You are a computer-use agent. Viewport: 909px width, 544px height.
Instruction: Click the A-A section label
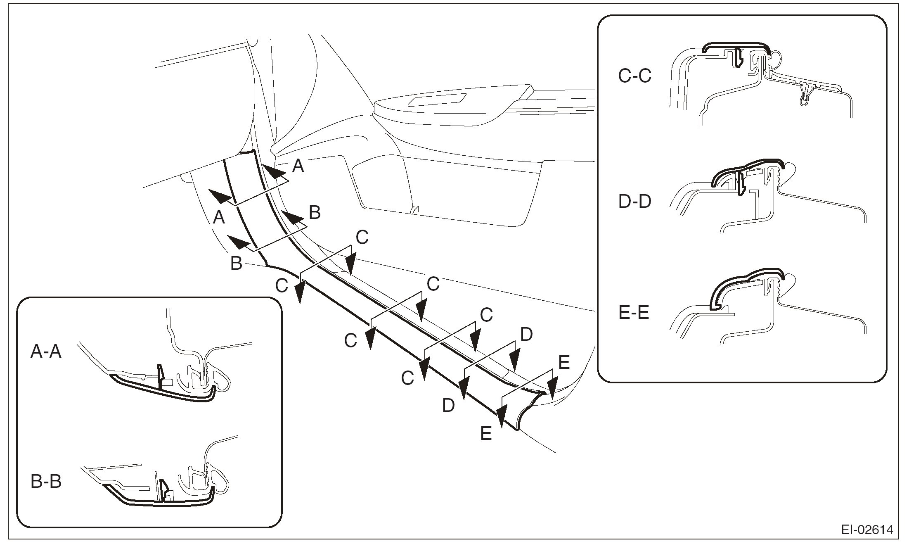click(46, 352)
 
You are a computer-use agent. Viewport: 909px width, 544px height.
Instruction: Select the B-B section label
click(46, 482)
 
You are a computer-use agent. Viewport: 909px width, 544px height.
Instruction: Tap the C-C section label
click(635, 76)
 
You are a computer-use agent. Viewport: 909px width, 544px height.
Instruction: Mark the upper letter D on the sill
click(526, 335)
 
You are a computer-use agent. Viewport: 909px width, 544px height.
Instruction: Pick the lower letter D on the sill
click(448, 406)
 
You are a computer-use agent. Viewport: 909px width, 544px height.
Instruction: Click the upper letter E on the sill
click(564, 363)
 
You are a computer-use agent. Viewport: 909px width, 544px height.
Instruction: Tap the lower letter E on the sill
click(486, 434)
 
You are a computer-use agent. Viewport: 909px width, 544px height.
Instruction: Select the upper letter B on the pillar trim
click(315, 213)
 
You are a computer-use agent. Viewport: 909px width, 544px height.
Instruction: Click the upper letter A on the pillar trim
click(298, 166)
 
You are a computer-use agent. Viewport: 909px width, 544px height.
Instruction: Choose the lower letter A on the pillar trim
click(219, 217)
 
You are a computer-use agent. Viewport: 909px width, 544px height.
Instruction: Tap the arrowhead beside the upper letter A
click(275, 171)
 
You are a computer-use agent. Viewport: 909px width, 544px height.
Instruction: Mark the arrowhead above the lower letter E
click(502, 420)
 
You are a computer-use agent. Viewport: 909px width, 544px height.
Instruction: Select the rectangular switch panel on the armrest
click(436, 100)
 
